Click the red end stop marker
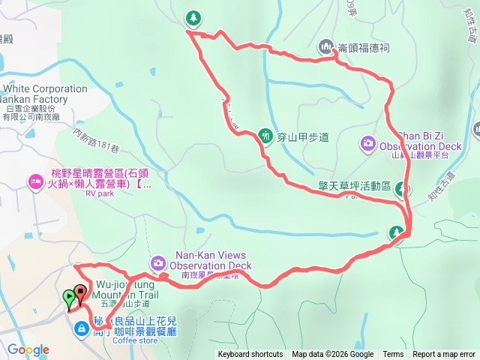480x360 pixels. pyautogui.click(x=80, y=292)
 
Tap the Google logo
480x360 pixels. pyautogui.click(x=28, y=349)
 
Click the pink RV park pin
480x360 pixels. pyautogui.click(x=36, y=181)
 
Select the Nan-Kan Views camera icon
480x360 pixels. pyautogui.click(x=158, y=262)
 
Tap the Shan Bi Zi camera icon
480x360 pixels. pyautogui.click(x=368, y=142)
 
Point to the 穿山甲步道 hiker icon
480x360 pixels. pyautogui.click(x=265, y=135)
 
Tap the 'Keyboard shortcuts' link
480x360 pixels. pyautogui.click(x=250, y=355)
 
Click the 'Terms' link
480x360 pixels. pyautogui.click(x=393, y=355)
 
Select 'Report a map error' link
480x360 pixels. pyautogui.click(x=444, y=355)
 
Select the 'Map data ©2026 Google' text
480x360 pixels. pyautogui.click(x=333, y=355)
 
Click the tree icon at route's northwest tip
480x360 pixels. pyautogui.click(x=193, y=17)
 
